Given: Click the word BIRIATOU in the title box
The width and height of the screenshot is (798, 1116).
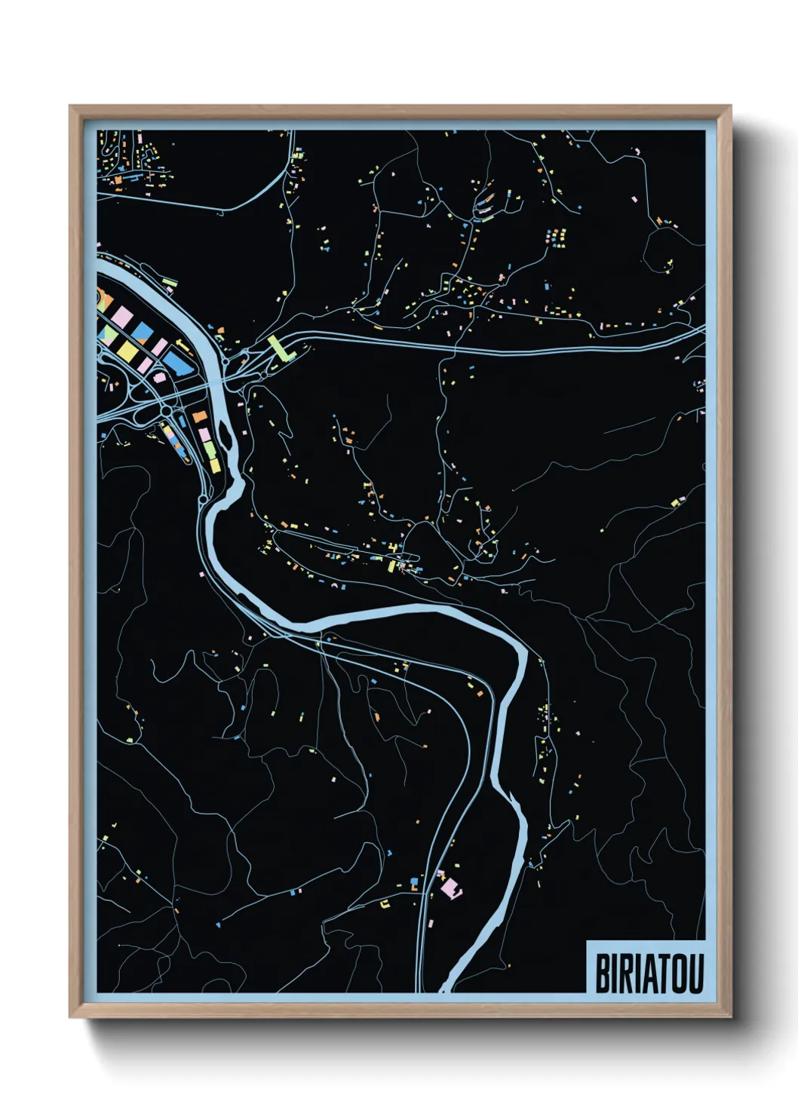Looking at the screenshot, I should click(x=649, y=973).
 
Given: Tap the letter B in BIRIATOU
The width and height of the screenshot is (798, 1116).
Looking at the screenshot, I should click(x=603, y=973).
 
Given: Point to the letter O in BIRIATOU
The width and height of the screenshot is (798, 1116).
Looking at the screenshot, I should click(x=675, y=973).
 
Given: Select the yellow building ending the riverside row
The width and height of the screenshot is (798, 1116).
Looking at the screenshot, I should click(x=215, y=466).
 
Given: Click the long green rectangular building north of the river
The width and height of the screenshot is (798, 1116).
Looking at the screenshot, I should click(x=170, y=283).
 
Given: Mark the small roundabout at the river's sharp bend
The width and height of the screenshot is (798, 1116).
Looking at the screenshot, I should click(x=203, y=499).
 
